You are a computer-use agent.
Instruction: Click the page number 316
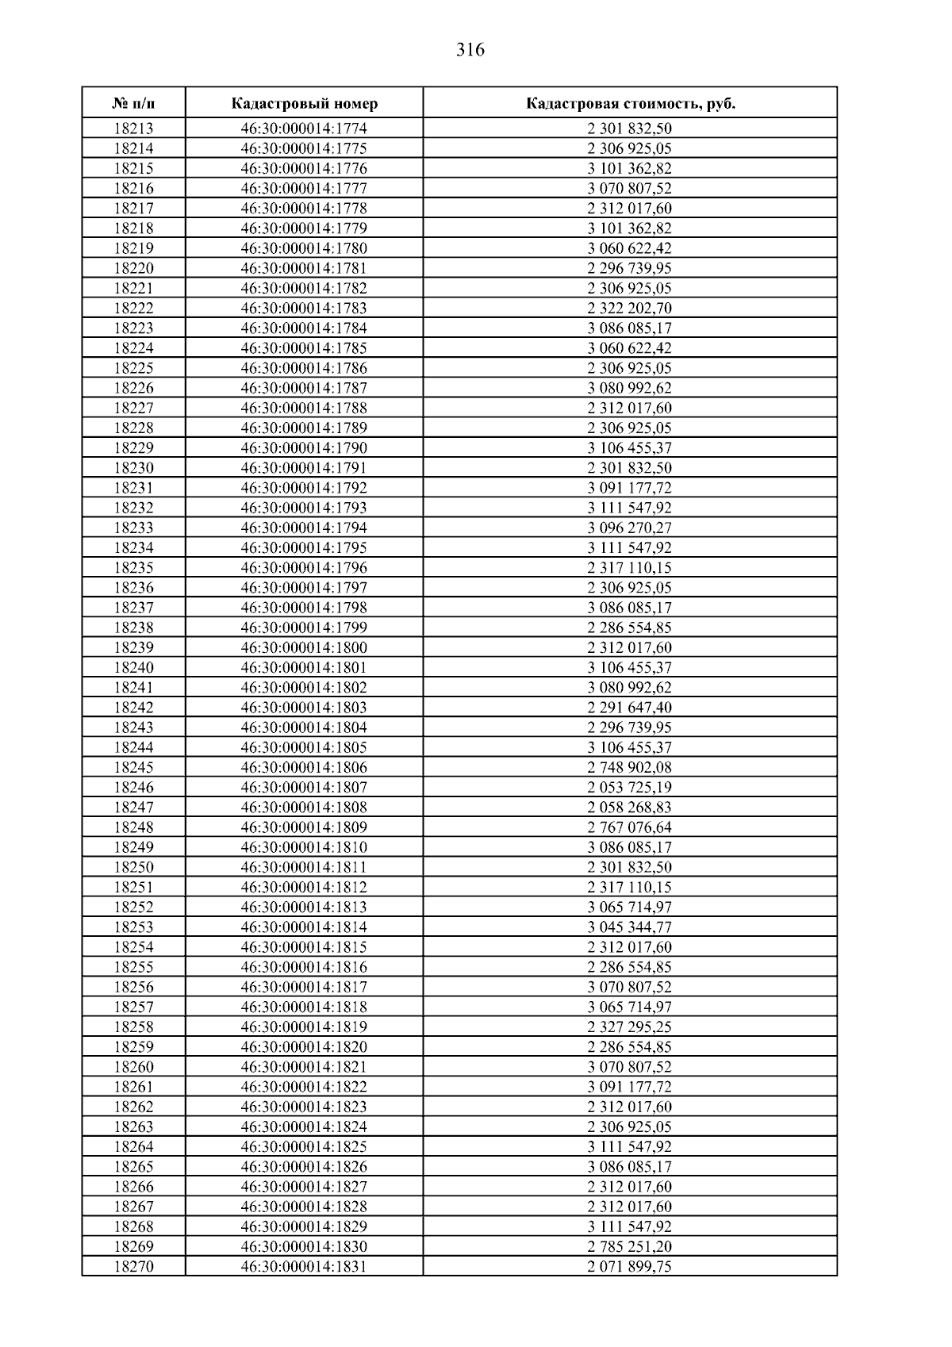(470, 50)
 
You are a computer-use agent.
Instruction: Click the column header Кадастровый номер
(304, 104)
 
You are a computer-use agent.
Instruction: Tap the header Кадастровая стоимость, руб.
(630, 104)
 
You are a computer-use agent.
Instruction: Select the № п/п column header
(133, 104)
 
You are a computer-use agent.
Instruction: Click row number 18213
(133, 129)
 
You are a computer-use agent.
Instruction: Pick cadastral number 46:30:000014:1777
(304, 188)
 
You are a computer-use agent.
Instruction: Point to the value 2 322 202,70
(630, 308)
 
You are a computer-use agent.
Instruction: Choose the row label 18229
(133, 448)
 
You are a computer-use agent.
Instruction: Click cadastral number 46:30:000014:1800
(304, 647)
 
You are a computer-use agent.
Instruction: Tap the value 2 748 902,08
(630, 767)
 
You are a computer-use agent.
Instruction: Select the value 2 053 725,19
(630, 787)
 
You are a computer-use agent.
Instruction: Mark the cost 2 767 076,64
(630, 827)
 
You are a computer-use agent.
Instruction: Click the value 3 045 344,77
(630, 927)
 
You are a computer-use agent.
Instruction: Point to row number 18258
(133, 1027)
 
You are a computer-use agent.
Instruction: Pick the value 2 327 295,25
(630, 1027)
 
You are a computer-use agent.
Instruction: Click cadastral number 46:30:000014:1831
(304, 1267)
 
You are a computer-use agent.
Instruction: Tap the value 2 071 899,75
(630, 1267)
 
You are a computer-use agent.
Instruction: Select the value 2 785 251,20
(630, 1247)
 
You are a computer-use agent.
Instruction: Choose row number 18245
(133, 767)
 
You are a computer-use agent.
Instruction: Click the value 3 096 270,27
(630, 528)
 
